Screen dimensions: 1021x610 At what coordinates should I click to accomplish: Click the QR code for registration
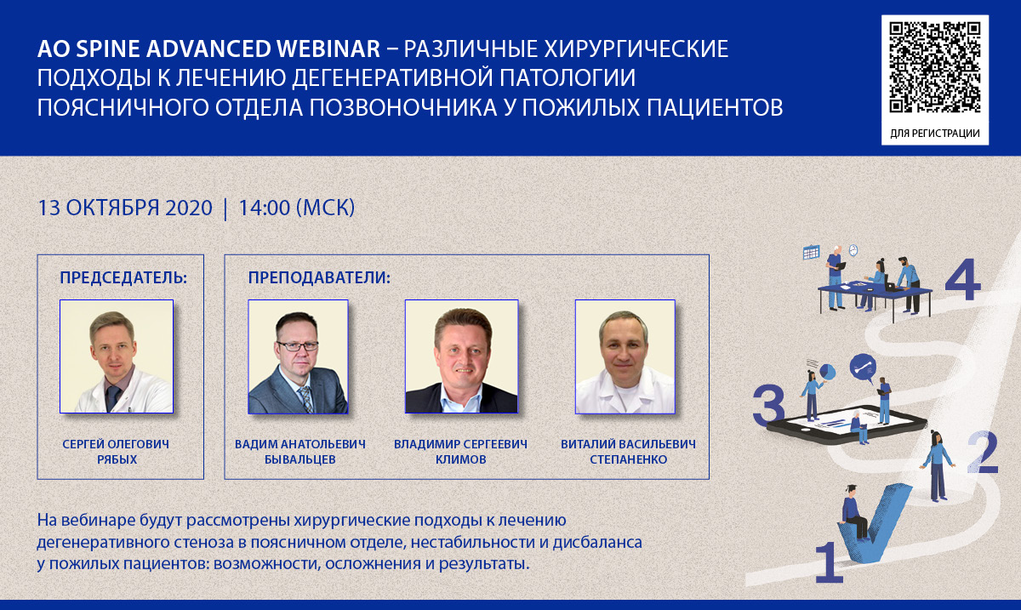935,67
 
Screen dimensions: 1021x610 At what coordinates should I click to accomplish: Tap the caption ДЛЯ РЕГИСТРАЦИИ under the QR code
935,133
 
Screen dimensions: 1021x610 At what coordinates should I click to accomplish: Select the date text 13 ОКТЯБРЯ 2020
124,208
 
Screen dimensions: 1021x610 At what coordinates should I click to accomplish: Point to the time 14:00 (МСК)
297,208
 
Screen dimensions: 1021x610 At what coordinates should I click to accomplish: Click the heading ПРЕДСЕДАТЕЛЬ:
123,277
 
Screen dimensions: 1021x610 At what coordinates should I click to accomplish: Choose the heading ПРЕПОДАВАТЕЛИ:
319,277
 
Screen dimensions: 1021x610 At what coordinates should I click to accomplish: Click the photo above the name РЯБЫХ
117,356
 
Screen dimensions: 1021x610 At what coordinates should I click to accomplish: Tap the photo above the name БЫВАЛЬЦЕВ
298,356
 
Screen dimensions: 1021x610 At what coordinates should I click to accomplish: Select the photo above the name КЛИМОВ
462,356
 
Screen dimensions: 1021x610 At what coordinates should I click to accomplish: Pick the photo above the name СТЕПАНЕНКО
625,356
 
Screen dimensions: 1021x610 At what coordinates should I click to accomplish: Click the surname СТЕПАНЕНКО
629,459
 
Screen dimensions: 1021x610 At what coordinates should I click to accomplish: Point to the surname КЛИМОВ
461,459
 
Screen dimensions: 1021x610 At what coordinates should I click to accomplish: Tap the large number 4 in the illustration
962,279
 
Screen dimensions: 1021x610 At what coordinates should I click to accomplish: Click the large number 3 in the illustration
768,405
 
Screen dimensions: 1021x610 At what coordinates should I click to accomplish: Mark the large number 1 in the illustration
829,562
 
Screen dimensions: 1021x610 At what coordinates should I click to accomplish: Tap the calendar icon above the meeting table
812,252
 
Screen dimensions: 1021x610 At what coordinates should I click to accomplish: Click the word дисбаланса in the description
597,543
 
